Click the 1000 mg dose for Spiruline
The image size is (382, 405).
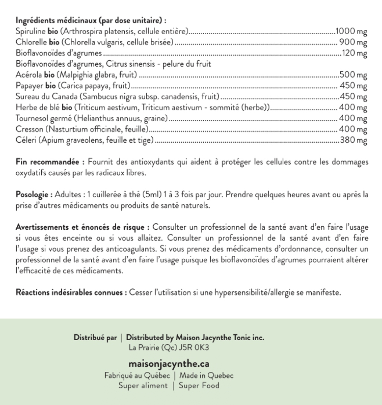pyautogui.click(x=351, y=30)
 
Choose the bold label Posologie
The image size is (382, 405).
pyautogui.click(x=31, y=194)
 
